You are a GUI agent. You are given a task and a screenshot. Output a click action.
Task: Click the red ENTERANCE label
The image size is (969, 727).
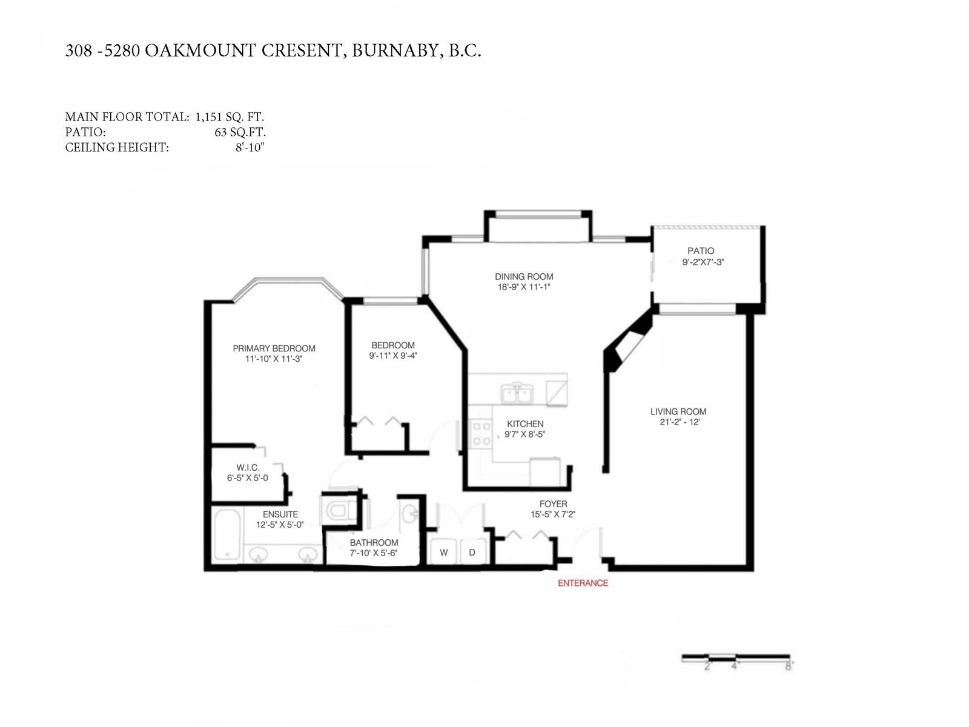[x=583, y=583]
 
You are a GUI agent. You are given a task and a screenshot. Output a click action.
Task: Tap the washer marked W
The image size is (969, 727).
[x=444, y=551]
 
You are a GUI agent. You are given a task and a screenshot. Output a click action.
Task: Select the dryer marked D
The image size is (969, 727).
[x=472, y=551]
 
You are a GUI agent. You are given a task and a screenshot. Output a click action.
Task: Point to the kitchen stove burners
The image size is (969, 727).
[x=481, y=433]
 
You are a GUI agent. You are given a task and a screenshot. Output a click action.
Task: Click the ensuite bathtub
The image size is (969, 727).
[x=228, y=535]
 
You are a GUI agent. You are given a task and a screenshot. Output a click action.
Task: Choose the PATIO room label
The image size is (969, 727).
[x=701, y=251]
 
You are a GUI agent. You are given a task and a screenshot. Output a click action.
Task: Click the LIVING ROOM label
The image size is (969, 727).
[x=678, y=411]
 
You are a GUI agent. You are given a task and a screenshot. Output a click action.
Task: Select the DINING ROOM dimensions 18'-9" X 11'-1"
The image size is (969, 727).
[x=524, y=287]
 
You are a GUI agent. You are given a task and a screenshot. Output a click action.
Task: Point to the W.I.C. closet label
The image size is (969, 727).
[x=248, y=467]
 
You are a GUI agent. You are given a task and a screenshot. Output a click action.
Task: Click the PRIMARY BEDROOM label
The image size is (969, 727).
[x=274, y=348]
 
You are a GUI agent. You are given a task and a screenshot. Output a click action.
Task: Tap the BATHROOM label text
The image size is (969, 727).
[x=374, y=542]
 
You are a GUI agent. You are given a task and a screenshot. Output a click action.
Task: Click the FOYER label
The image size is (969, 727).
[x=553, y=503]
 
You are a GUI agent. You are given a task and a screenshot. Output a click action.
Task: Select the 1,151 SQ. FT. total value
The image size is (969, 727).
[x=230, y=117]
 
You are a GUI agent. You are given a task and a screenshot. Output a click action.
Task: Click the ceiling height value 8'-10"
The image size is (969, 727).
[x=250, y=147]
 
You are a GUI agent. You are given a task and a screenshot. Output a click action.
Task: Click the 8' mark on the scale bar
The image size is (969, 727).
[x=789, y=666]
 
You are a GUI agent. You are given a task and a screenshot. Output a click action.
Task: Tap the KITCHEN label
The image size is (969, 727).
[x=525, y=423]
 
